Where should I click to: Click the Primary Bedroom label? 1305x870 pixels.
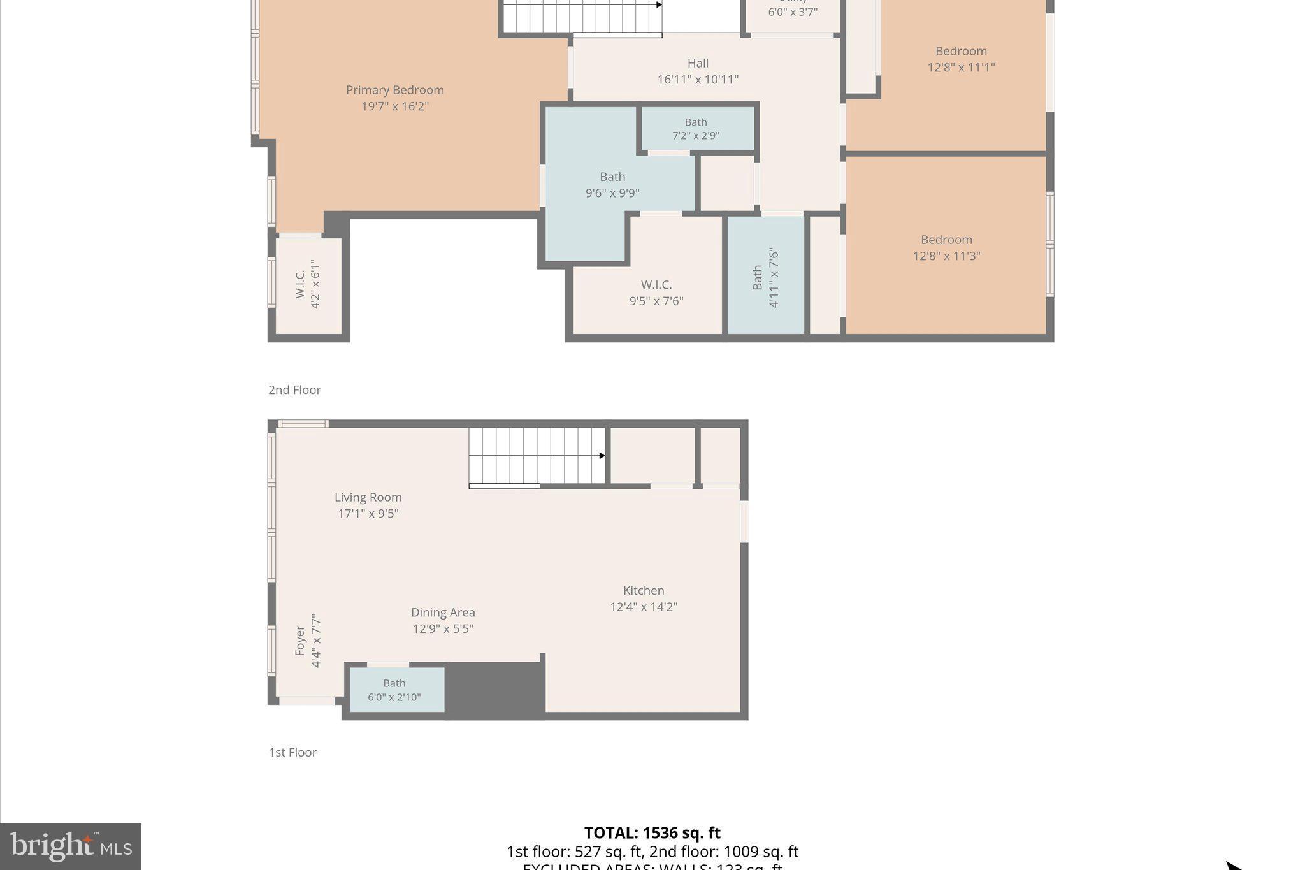[394, 90]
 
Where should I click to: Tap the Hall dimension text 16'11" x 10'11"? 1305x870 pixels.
[698, 80]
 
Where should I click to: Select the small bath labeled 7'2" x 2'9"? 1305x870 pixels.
[696, 129]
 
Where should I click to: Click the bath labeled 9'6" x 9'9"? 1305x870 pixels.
[612, 185]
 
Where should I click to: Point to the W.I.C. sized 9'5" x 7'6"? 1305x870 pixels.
[656, 293]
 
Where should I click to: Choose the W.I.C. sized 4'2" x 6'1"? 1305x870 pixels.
[307, 284]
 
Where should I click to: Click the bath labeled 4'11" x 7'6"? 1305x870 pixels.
[765, 278]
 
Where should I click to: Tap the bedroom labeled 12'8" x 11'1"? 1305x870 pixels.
[961, 59]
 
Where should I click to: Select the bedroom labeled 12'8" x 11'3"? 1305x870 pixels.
[946, 248]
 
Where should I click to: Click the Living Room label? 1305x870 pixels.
[368, 497]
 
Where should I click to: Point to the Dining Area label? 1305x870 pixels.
[443, 613]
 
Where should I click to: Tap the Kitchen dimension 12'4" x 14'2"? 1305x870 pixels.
[644, 607]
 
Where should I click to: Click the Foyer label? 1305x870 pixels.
[300, 641]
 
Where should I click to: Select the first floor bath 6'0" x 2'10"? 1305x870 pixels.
[394, 690]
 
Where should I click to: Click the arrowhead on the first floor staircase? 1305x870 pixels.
[602, 456]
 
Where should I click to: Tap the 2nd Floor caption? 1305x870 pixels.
[294, 389]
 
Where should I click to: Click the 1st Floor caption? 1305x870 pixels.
[292, 752]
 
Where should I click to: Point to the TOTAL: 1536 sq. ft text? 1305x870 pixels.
[652, 833]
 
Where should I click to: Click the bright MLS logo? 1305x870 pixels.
[71, 846]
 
